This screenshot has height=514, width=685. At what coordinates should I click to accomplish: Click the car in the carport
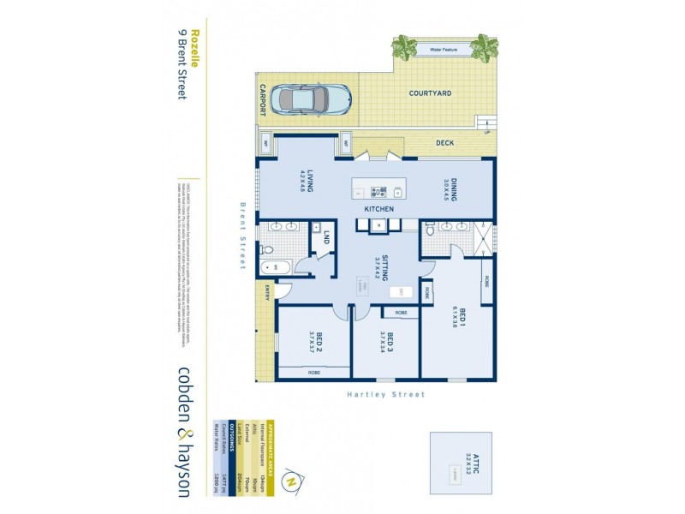316,100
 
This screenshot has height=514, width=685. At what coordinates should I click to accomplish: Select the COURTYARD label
429,93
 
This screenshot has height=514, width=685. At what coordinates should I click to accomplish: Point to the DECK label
444,143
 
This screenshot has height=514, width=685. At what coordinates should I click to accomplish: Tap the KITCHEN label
378,209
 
